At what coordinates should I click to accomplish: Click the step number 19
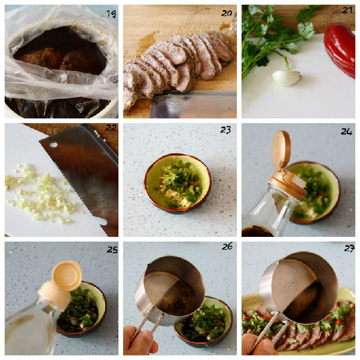pos(111,14)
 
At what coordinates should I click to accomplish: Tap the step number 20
pos(226,13)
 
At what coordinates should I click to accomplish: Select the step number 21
pos(347,10)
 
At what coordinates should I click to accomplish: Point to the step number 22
pos(111,127)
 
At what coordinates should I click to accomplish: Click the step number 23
pos(225,130)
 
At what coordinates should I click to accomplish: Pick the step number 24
pos(347,132)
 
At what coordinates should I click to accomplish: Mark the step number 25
pos(112,250)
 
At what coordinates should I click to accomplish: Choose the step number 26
pos(227,246)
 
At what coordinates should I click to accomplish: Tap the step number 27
pos(349,249)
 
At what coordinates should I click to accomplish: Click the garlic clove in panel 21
pos(286,78)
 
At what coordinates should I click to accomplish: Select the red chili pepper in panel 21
pos(340,49)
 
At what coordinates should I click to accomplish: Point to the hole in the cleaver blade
pos(53,145)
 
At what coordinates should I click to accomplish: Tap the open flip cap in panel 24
pos(281,150)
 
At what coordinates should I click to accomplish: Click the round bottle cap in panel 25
pos(67,275)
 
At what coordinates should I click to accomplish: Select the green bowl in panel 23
pos(178,182)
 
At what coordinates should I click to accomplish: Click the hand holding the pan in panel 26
pos(140,341)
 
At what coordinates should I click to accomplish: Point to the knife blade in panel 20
pos(193,105)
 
